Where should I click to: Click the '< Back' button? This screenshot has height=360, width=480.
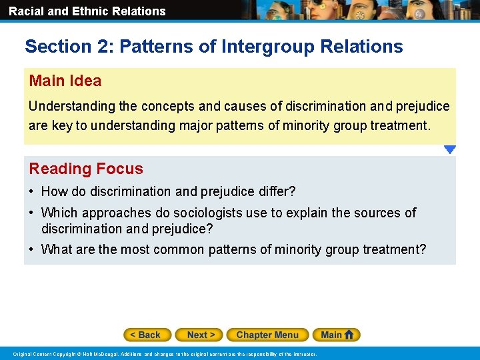click(x=147, y=335)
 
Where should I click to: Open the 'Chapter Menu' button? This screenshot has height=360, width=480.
click(x=267, y=335)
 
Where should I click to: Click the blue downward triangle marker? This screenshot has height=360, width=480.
click(x=450, y=150)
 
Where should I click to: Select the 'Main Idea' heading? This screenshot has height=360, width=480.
click(x=65, y=81)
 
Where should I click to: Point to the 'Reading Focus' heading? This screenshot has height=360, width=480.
click(x=86, y=169)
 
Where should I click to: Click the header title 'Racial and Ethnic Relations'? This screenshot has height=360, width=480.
click(x=87, y=11)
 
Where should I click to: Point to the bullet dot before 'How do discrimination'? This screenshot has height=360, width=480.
click(x=32, y=192)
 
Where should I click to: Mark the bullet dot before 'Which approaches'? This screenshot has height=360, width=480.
click(x=32, y=213)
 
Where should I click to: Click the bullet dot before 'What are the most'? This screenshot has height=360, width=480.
click(x=32, y=250)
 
